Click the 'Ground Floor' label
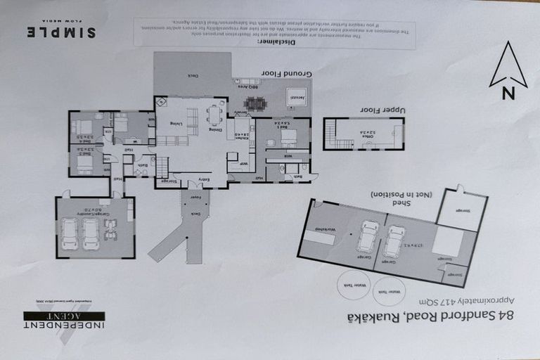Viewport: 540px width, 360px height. tap(286, 73)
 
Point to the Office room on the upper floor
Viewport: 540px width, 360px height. tap(368, 132)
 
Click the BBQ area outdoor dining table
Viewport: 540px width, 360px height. tap(255, 103)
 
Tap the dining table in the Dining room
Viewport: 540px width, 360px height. tap(214, 115)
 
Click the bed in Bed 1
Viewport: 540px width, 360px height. tap(288, 136)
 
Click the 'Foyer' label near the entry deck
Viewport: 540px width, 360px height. tap(195, 197)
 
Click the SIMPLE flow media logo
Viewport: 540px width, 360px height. tap(62, 32)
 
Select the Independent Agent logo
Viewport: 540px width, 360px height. tap(64, 320)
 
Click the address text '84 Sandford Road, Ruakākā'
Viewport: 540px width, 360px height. tap(430, 316)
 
